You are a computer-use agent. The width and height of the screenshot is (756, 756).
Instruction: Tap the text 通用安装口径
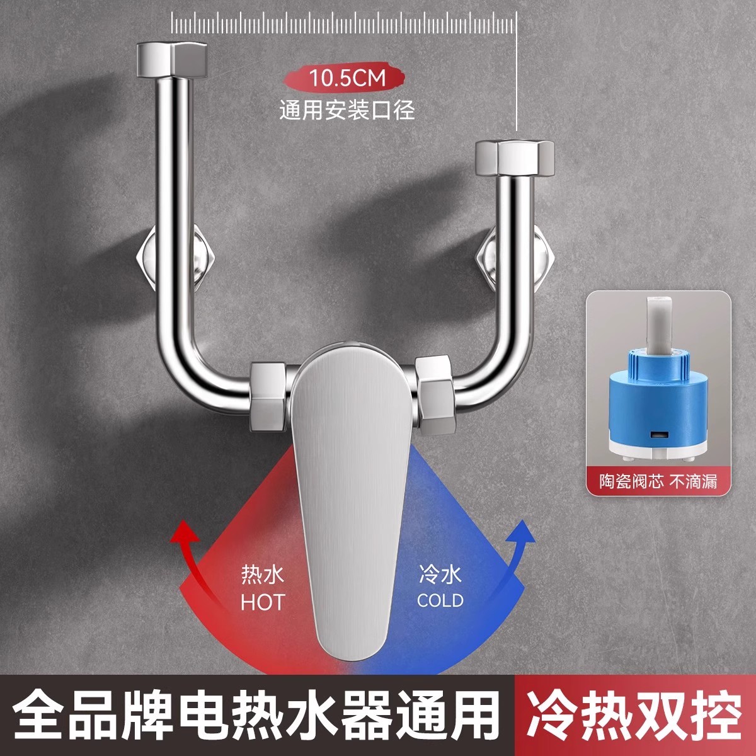click(x=347, y=111)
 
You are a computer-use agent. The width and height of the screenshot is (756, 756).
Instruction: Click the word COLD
click(x=440, y=600)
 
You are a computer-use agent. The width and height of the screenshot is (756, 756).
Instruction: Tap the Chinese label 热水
click(x=263, y=575)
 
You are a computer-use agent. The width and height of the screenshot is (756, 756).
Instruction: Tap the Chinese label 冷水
click(x=440, y=574)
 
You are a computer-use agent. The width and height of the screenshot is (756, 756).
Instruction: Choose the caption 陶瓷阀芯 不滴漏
click(x=650, y=482)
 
